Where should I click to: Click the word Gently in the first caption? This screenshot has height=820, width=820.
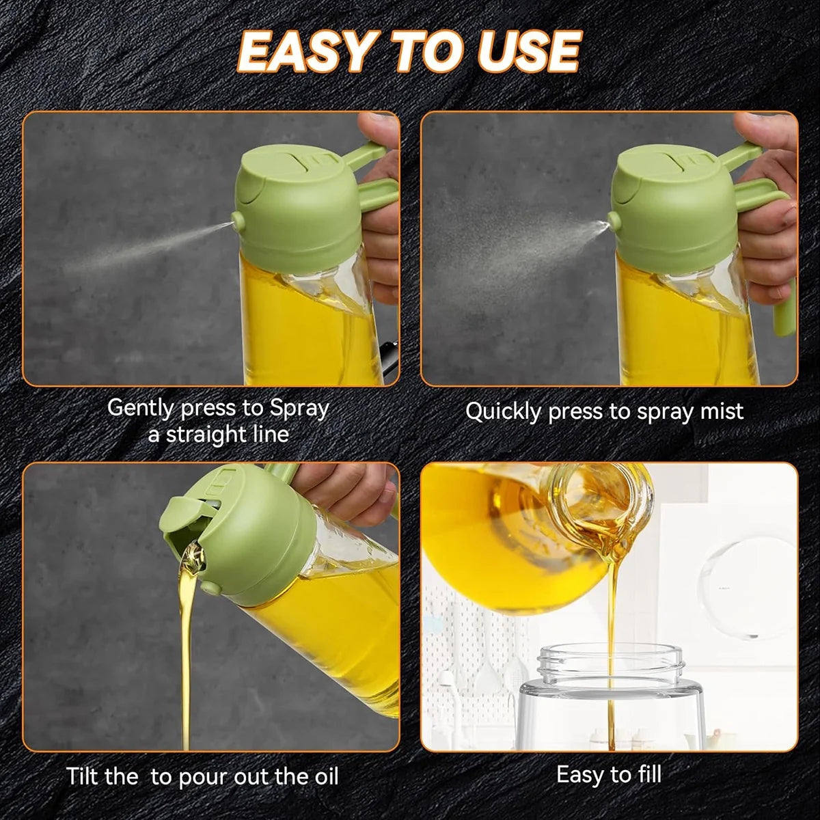click(x=140, y=408)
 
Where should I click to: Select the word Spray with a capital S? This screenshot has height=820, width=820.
click(x=299, y=408)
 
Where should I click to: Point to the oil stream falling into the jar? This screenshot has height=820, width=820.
click(x=610, y=601)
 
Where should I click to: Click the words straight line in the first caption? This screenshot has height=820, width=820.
click(x=219, y=435)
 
